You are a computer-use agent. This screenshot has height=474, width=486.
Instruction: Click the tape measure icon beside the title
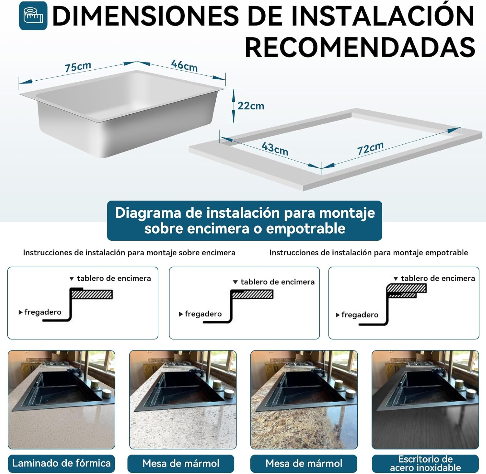coord(33,16)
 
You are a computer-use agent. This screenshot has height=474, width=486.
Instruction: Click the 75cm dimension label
coord(78,67)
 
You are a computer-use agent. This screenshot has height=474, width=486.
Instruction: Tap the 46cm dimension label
coord(184,66)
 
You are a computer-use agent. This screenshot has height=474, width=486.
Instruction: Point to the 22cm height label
coord(250,106)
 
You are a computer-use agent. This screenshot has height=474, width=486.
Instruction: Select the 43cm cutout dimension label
coord(275,149)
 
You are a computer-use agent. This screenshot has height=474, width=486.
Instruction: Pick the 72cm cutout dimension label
coord(370,148)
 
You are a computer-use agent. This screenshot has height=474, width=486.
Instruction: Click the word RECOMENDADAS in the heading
coord(360,47)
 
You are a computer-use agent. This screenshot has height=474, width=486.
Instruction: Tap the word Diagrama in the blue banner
coord(148,213)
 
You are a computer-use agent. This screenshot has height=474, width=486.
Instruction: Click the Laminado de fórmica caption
coord(61,463)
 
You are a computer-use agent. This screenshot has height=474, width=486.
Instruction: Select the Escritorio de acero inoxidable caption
coord(425,463)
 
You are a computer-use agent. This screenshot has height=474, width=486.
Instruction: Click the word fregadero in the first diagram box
coord(43,312)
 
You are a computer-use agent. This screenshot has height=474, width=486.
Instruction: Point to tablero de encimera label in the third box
coord(438,278)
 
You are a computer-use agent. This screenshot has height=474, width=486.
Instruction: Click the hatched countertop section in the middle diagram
coord(252,295)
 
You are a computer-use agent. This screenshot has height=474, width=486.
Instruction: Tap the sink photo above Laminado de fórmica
coord(61,400)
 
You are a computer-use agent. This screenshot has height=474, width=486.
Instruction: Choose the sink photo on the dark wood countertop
coord(425,400)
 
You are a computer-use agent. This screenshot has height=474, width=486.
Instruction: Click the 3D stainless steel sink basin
coord(122,114)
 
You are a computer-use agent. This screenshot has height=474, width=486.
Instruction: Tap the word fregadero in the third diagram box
coord(360,315)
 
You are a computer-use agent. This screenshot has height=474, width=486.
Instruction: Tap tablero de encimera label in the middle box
coord(277,282)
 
